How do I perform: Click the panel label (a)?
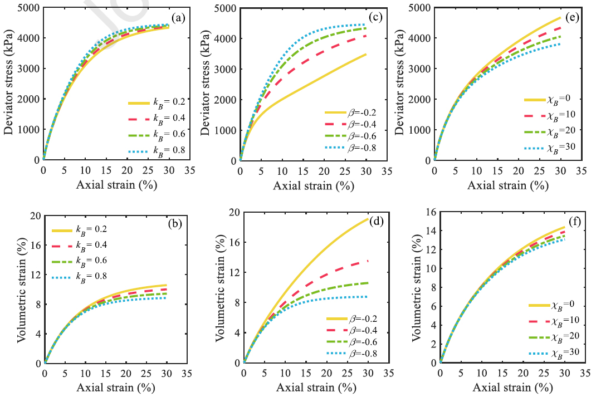coord(178,17)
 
